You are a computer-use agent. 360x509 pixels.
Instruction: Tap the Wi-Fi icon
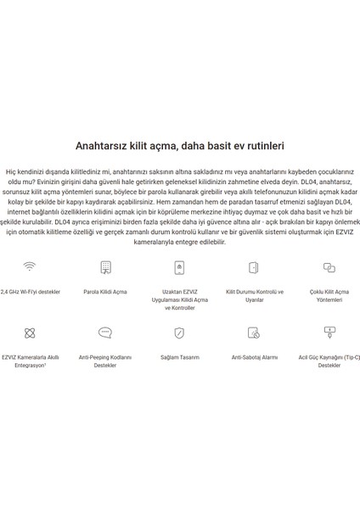click(30, 267)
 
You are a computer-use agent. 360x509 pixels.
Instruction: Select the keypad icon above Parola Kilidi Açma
click(105, 267)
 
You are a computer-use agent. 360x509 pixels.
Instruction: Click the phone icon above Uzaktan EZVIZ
click(179, 267)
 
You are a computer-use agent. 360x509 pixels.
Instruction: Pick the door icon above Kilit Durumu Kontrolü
click(254, 267)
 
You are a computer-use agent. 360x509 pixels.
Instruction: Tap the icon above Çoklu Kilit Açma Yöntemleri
click(329, 267)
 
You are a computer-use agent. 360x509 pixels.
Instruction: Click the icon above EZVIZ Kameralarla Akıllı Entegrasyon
click(30, 333)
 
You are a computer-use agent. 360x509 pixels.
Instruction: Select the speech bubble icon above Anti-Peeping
click(105, 333)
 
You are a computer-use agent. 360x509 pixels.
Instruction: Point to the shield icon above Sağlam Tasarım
click(179, 333)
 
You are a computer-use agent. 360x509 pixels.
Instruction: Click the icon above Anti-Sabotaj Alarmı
click(254, 333)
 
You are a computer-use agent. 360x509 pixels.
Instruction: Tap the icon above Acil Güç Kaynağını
click(329, 333)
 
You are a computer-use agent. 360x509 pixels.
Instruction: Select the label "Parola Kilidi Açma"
click(105, 292)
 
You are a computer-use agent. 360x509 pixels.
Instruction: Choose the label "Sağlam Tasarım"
click(179, 357)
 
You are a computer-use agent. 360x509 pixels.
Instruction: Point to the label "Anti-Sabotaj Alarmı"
click(254, 357)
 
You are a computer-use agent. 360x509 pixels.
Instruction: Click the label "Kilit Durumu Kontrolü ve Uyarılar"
click(254, 295)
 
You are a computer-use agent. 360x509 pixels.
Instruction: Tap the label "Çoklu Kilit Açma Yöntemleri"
click(329, 295)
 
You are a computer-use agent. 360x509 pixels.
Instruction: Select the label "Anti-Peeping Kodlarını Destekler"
click(105, 361)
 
